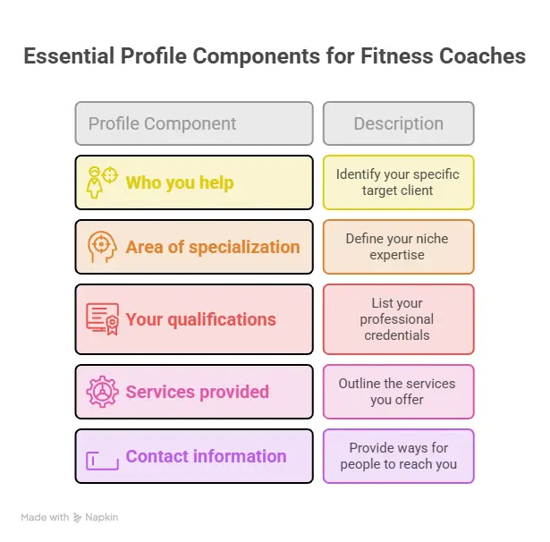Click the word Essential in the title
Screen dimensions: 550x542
[69, 56]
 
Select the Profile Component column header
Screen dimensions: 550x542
[194, 123]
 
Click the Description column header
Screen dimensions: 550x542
[399, 123]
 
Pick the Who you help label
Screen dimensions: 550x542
[180, 182]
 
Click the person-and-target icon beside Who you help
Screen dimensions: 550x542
[102, 182]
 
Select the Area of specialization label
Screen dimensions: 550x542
[213, 247]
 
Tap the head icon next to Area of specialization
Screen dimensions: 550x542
[102, 247]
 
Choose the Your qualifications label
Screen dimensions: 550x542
[200, 319]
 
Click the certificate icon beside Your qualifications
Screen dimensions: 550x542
[103, 319]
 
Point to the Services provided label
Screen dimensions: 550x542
[197, 392]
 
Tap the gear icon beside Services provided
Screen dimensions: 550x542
[103, 392]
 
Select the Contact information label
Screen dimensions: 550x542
[206, 456]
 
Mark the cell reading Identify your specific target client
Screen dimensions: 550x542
[399, 182]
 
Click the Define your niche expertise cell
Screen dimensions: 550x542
[399, 247]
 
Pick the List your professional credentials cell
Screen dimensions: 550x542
[399, 319]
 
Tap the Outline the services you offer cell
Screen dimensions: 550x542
[399, 392]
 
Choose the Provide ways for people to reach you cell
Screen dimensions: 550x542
[399, 456]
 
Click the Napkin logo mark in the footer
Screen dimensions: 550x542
[77, 518]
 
